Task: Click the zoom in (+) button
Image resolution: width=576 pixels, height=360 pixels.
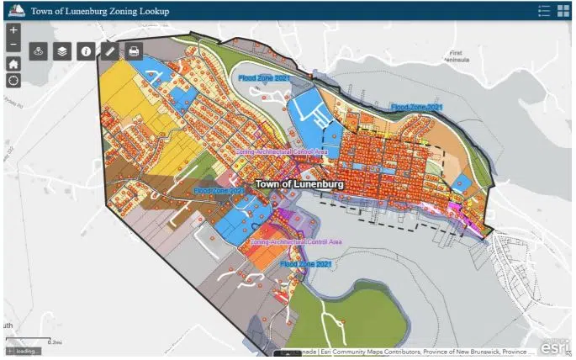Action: (13, 29)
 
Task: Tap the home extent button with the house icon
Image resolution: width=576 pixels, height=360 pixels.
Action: (13, 63)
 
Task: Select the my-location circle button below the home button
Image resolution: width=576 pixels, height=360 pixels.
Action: (13, 80)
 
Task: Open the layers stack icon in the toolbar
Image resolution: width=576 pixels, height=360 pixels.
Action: (61, 51)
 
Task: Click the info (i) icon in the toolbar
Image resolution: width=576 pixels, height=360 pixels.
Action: (86, 51)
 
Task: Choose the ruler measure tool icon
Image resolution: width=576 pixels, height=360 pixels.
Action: (110, 51)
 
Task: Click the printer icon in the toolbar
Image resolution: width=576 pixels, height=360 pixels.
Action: (134, 51)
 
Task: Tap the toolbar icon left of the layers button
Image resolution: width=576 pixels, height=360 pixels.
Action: (38, 51)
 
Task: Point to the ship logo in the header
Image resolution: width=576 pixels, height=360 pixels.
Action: (14, 10)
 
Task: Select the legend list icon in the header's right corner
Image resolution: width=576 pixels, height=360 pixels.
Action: (544, 10)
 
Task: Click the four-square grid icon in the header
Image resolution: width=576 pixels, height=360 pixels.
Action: (563, 10)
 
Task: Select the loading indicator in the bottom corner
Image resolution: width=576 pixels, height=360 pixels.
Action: (23, 351)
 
